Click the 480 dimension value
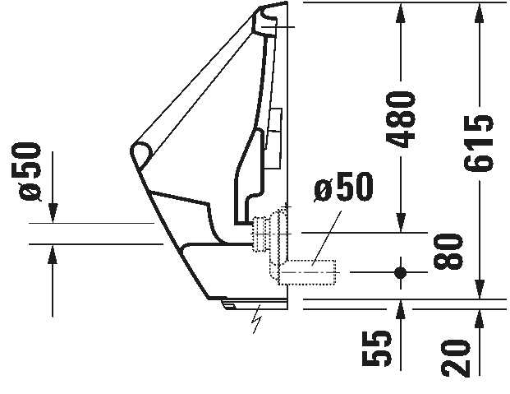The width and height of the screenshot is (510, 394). point(401,119)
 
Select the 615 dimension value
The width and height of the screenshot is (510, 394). point(479,144)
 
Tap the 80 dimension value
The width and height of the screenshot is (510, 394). point(448,252)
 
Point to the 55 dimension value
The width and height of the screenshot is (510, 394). point(377,348)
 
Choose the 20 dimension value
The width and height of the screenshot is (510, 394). point(456,358)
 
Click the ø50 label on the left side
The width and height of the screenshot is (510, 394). point(30,172)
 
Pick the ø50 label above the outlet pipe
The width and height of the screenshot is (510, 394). point(343,187)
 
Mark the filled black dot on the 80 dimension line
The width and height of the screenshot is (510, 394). point(401,272)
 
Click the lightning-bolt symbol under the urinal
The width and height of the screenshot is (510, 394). point(257,319)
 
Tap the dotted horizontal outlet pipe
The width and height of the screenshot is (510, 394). point(308,272)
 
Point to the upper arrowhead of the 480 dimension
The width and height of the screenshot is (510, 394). point(401,12)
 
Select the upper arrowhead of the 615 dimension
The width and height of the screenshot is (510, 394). point(479,12)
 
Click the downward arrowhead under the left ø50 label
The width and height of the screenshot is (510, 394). point(53,213)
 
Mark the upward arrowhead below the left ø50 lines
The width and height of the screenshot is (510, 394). point(53,254)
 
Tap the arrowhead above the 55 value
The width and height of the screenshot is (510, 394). point(401,309)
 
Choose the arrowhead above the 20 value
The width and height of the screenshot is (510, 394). point(479,318)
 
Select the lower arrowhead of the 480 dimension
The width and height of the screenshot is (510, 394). point(401,223)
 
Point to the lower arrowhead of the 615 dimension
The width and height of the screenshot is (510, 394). point(479,289)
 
